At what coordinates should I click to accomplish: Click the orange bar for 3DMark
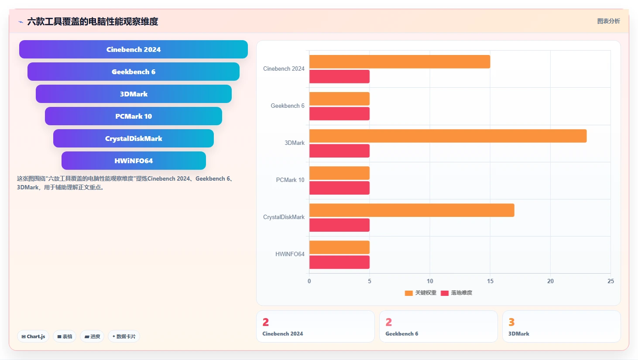tap(448, 136)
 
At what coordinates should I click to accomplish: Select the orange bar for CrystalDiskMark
tap(412, 210)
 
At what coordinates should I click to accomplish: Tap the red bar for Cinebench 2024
tap(339, 77)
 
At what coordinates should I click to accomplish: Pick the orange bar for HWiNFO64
tap(339, 247)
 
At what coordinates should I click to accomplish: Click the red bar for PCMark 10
tap(339, 188)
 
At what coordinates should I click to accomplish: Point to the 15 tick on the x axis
tap(490, 281)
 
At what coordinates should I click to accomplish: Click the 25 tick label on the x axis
tap(611, 281)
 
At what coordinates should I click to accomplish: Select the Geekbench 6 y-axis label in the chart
tap(288, 106)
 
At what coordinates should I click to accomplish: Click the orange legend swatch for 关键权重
tap(409, 293)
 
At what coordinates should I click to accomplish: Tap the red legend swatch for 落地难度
tap(445, 293)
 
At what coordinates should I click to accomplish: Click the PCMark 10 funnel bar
tap(133, 116)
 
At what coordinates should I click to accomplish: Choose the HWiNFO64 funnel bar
tap(134, 161)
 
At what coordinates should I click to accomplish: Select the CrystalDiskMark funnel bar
tap(133, 138)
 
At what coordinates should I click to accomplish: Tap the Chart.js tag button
tap(33, 336)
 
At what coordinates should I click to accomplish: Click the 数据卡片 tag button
tap(124, 336)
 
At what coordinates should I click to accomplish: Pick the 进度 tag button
tap(92, 336)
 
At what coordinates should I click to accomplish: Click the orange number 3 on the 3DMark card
tap(511, 322)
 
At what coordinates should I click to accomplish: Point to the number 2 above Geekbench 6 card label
tap(388, 322)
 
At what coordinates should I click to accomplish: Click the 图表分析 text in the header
tap(609, 21)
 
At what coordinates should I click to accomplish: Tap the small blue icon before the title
tap(21, 22)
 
